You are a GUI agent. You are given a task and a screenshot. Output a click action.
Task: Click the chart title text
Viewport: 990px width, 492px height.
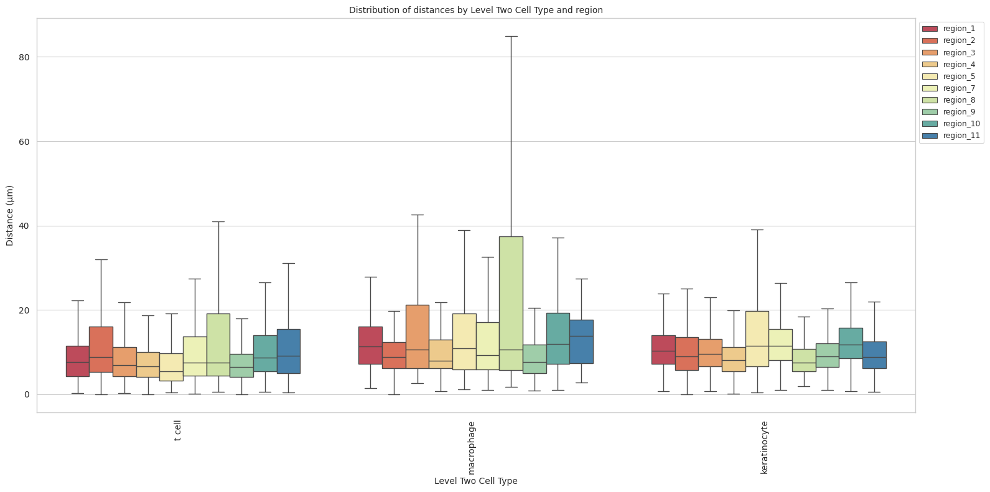(x=475, y=10)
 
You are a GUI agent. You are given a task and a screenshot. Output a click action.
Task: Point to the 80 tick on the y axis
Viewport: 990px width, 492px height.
(x=25, y=57)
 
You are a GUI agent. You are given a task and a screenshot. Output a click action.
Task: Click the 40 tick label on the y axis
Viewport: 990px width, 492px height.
(x=25, y=226)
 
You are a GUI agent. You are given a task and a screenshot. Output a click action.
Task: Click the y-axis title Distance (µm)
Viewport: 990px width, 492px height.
(x=10, y=215)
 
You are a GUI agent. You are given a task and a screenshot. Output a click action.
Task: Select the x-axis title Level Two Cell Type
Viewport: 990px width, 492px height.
(x=475, y=481)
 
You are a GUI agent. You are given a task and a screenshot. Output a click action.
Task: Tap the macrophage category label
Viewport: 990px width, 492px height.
(x=472, y=448)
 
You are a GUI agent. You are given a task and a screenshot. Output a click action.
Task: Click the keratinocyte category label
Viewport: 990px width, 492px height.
(x=765, y=448)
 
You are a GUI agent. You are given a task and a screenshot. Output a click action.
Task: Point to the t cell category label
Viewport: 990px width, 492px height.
(x=178, y=430)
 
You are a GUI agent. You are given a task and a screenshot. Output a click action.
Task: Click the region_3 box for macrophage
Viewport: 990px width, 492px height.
(x=417, y=336)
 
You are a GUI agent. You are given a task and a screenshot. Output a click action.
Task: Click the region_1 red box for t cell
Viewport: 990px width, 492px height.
(x=78, y=361)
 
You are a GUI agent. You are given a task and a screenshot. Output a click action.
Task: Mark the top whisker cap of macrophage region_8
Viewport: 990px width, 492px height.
(x=511, y=36)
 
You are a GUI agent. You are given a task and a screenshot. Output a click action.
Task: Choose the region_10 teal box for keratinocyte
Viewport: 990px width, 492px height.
(x=851, y=343)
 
